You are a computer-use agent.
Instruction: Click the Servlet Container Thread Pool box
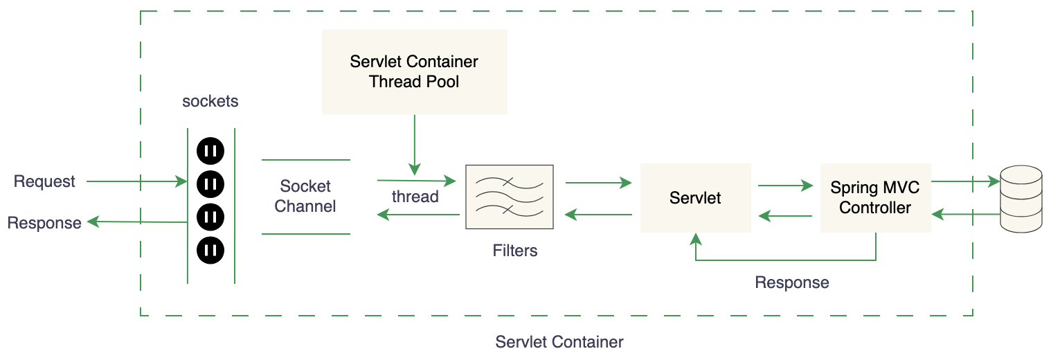click(414, 71)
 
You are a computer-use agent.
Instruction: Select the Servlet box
click(695, 198)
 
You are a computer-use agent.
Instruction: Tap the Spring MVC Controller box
click(875, 197)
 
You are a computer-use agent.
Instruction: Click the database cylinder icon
click(1021, 199)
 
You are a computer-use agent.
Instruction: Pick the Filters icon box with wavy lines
click(510, 197)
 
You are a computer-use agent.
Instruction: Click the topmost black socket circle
click(210, 150)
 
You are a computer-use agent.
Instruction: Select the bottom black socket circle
click(210, 250)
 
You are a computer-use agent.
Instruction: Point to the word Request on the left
click(44, 181)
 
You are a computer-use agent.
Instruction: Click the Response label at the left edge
click(44, 223)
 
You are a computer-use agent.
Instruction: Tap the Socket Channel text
click(305, 196)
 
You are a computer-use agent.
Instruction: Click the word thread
click(415, 197)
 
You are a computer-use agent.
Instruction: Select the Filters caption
click(515, 251)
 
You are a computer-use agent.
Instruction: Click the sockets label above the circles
click(210, 101)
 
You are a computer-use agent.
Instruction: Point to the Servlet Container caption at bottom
click(559, 342)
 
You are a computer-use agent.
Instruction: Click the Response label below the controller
click(792, 282)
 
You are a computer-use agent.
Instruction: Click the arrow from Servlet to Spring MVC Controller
click(785, 186)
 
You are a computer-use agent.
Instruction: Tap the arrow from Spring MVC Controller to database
click(965, 182)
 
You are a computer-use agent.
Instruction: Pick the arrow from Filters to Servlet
click(598, 183)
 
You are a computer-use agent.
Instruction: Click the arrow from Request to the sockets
click(136, 181)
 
